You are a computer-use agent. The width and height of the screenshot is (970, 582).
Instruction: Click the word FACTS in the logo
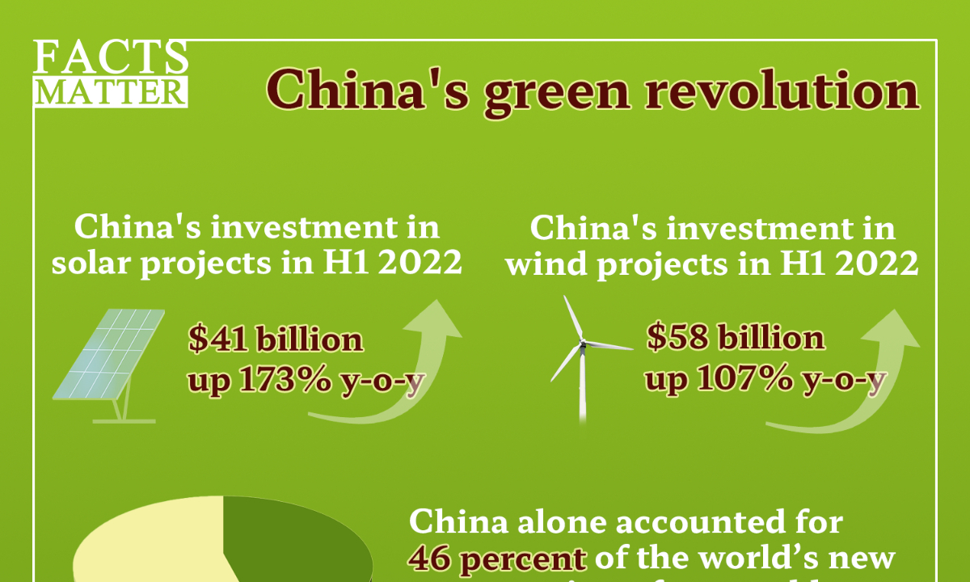coord(112,58)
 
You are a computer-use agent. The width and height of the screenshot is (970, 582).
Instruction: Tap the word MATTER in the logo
coord(112,92)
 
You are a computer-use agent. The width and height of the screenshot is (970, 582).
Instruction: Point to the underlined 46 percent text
coord(498,558)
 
